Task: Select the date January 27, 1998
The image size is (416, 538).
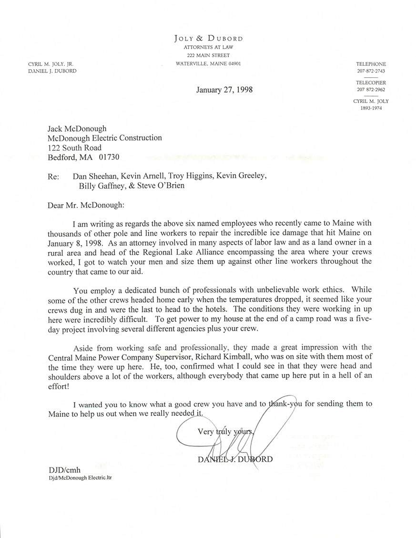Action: (x=224, y=89)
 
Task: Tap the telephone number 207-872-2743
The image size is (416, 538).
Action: (x=370, y=71)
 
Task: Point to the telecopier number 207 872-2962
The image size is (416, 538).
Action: (x=370, y=89)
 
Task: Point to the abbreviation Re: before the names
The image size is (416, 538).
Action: (x=54, y=176)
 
